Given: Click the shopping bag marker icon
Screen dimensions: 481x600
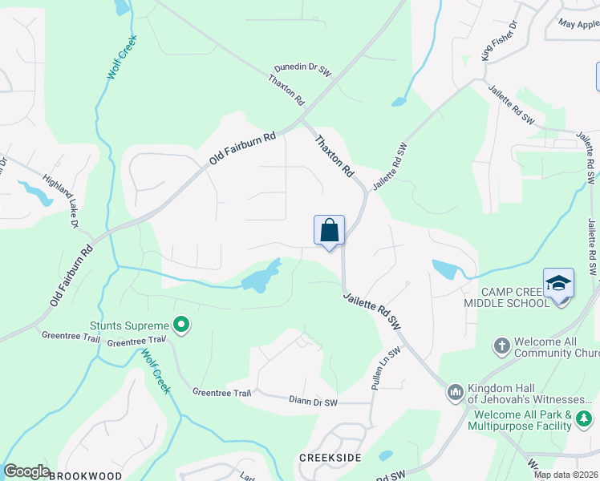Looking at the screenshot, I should pos(329,232).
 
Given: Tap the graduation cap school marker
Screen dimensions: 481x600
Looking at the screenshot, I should pos(558,284).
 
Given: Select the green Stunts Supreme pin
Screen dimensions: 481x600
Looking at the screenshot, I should pos(182,325).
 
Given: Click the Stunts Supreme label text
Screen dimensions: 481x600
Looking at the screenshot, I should pos(129,325).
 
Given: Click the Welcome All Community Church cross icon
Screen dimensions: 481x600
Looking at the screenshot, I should pos(501,346).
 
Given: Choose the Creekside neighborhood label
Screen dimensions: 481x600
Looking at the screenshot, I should pos(330,457).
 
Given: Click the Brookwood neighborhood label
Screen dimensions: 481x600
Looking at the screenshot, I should pos(86,475).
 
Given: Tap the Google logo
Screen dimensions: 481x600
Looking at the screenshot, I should pos(26,471).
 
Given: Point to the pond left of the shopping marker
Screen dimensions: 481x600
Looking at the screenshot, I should pos(258,278).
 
